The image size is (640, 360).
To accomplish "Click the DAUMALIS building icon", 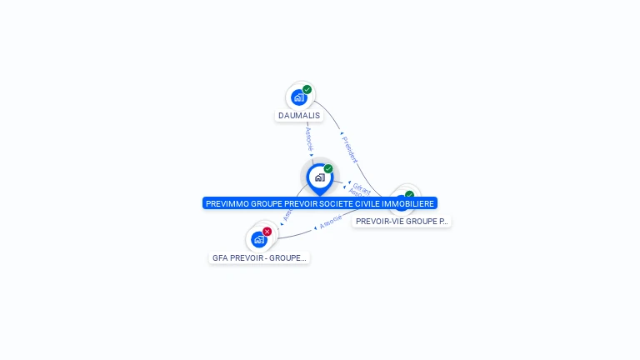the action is pos(298,97).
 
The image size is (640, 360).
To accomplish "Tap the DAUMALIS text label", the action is pos(299,116).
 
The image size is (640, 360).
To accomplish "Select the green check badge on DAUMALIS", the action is pos(307,90).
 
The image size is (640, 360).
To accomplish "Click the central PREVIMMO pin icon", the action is pos(319,177).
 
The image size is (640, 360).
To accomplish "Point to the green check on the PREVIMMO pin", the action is pos(328,169).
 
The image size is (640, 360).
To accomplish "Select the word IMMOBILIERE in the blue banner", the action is pos(411,203).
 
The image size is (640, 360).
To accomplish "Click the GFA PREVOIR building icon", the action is pos(259,239).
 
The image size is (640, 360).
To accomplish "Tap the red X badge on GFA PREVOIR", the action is pos(267,232).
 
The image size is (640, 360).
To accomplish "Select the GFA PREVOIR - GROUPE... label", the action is pos(260,258).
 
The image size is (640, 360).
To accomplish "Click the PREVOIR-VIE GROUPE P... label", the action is pos(402,222).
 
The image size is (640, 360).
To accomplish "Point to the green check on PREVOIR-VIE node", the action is pos(409,195).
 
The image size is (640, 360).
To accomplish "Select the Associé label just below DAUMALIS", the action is pos(308,138).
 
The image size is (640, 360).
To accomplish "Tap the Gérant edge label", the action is pos(362,187).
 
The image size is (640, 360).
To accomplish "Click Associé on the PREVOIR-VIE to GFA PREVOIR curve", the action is pos(332,222).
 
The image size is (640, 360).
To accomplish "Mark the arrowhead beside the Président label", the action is pos(342,133).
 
